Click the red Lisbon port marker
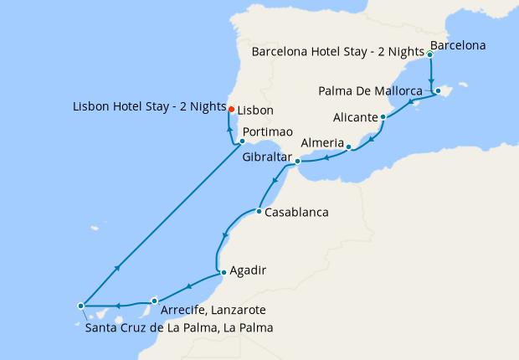point(232,108)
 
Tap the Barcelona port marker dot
point(429,54)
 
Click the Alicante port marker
point(383,117)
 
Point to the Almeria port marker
point(348,147)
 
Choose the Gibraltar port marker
point(297,160)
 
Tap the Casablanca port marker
point(259,211)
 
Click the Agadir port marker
point(222,272)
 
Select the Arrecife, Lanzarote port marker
point(155,301)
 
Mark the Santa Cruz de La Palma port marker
point(80,306)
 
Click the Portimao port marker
point(242,141)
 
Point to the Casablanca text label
point(296,213)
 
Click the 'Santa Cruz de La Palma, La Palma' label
point(179,327)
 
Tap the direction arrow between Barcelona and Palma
point(430,71)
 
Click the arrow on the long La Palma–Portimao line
point(119,267)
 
